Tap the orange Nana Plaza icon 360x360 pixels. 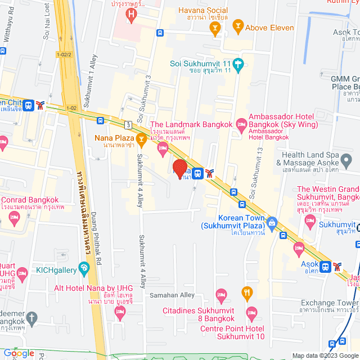pos(141,138)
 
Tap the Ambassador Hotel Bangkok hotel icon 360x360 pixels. pos(241,122)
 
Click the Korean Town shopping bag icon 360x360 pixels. pos(272,222)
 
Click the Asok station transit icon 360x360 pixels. pos(325,266)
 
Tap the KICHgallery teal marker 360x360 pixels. pos(84,268)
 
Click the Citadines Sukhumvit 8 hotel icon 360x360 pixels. pos(222,294)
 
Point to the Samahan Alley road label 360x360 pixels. pos(172,295)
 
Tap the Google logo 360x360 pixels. pos(19,353)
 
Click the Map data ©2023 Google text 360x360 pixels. pos(324,355)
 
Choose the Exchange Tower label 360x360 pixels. pos(328,303)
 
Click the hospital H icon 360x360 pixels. pos(132,13)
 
